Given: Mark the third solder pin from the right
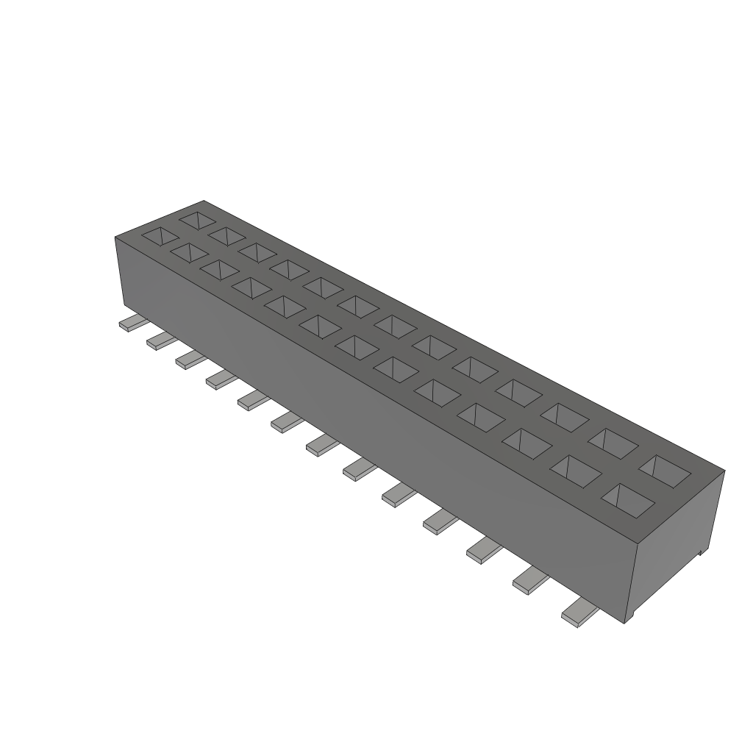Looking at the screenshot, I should [x=482, y=551].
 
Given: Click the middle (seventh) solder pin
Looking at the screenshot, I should [x=322, y=444].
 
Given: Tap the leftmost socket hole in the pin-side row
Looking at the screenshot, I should [x=160, y=236].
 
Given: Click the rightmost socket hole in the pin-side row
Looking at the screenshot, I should [x=627, y=498].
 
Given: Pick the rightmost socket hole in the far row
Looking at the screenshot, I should [x=665, y=471].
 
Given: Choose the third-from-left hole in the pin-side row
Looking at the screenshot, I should [x=219, y=269].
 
